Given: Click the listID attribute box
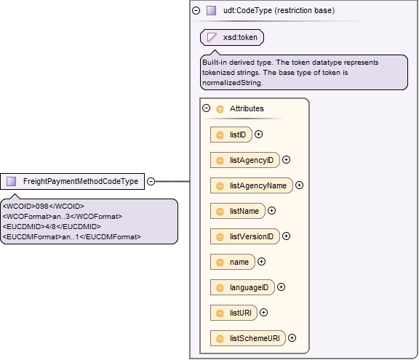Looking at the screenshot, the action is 231,135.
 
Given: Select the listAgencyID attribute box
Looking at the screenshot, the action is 245,160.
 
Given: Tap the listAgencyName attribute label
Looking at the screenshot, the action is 258,185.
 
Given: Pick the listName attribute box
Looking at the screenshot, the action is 238,211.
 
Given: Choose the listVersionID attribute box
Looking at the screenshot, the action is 245,236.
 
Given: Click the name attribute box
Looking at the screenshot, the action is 233,262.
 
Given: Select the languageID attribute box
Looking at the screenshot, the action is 242,287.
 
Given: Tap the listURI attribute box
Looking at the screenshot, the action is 234,313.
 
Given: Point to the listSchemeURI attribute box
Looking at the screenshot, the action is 248,338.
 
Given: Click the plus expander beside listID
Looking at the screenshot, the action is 258,134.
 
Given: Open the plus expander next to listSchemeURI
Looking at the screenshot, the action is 292,338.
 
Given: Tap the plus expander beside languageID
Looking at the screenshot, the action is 281,287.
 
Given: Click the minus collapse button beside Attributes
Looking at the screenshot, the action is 207,108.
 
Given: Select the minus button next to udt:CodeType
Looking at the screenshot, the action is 196,10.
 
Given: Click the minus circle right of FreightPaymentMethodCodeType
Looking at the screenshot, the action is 151,181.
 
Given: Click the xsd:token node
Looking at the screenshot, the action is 232,37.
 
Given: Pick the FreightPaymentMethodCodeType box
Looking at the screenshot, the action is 73,182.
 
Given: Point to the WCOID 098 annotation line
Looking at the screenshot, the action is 44,206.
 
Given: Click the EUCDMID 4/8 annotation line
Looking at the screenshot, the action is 52,226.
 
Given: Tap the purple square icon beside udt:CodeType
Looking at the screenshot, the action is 212,10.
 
